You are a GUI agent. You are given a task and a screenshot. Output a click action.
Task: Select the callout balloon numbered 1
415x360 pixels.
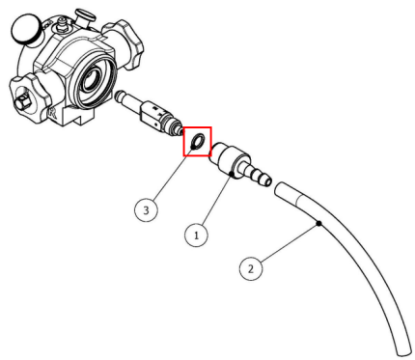point(196,235)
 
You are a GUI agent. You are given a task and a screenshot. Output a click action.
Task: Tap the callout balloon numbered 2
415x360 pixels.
point(252,267)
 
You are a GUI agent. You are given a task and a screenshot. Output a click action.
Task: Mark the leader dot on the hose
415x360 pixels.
point(318,225)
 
